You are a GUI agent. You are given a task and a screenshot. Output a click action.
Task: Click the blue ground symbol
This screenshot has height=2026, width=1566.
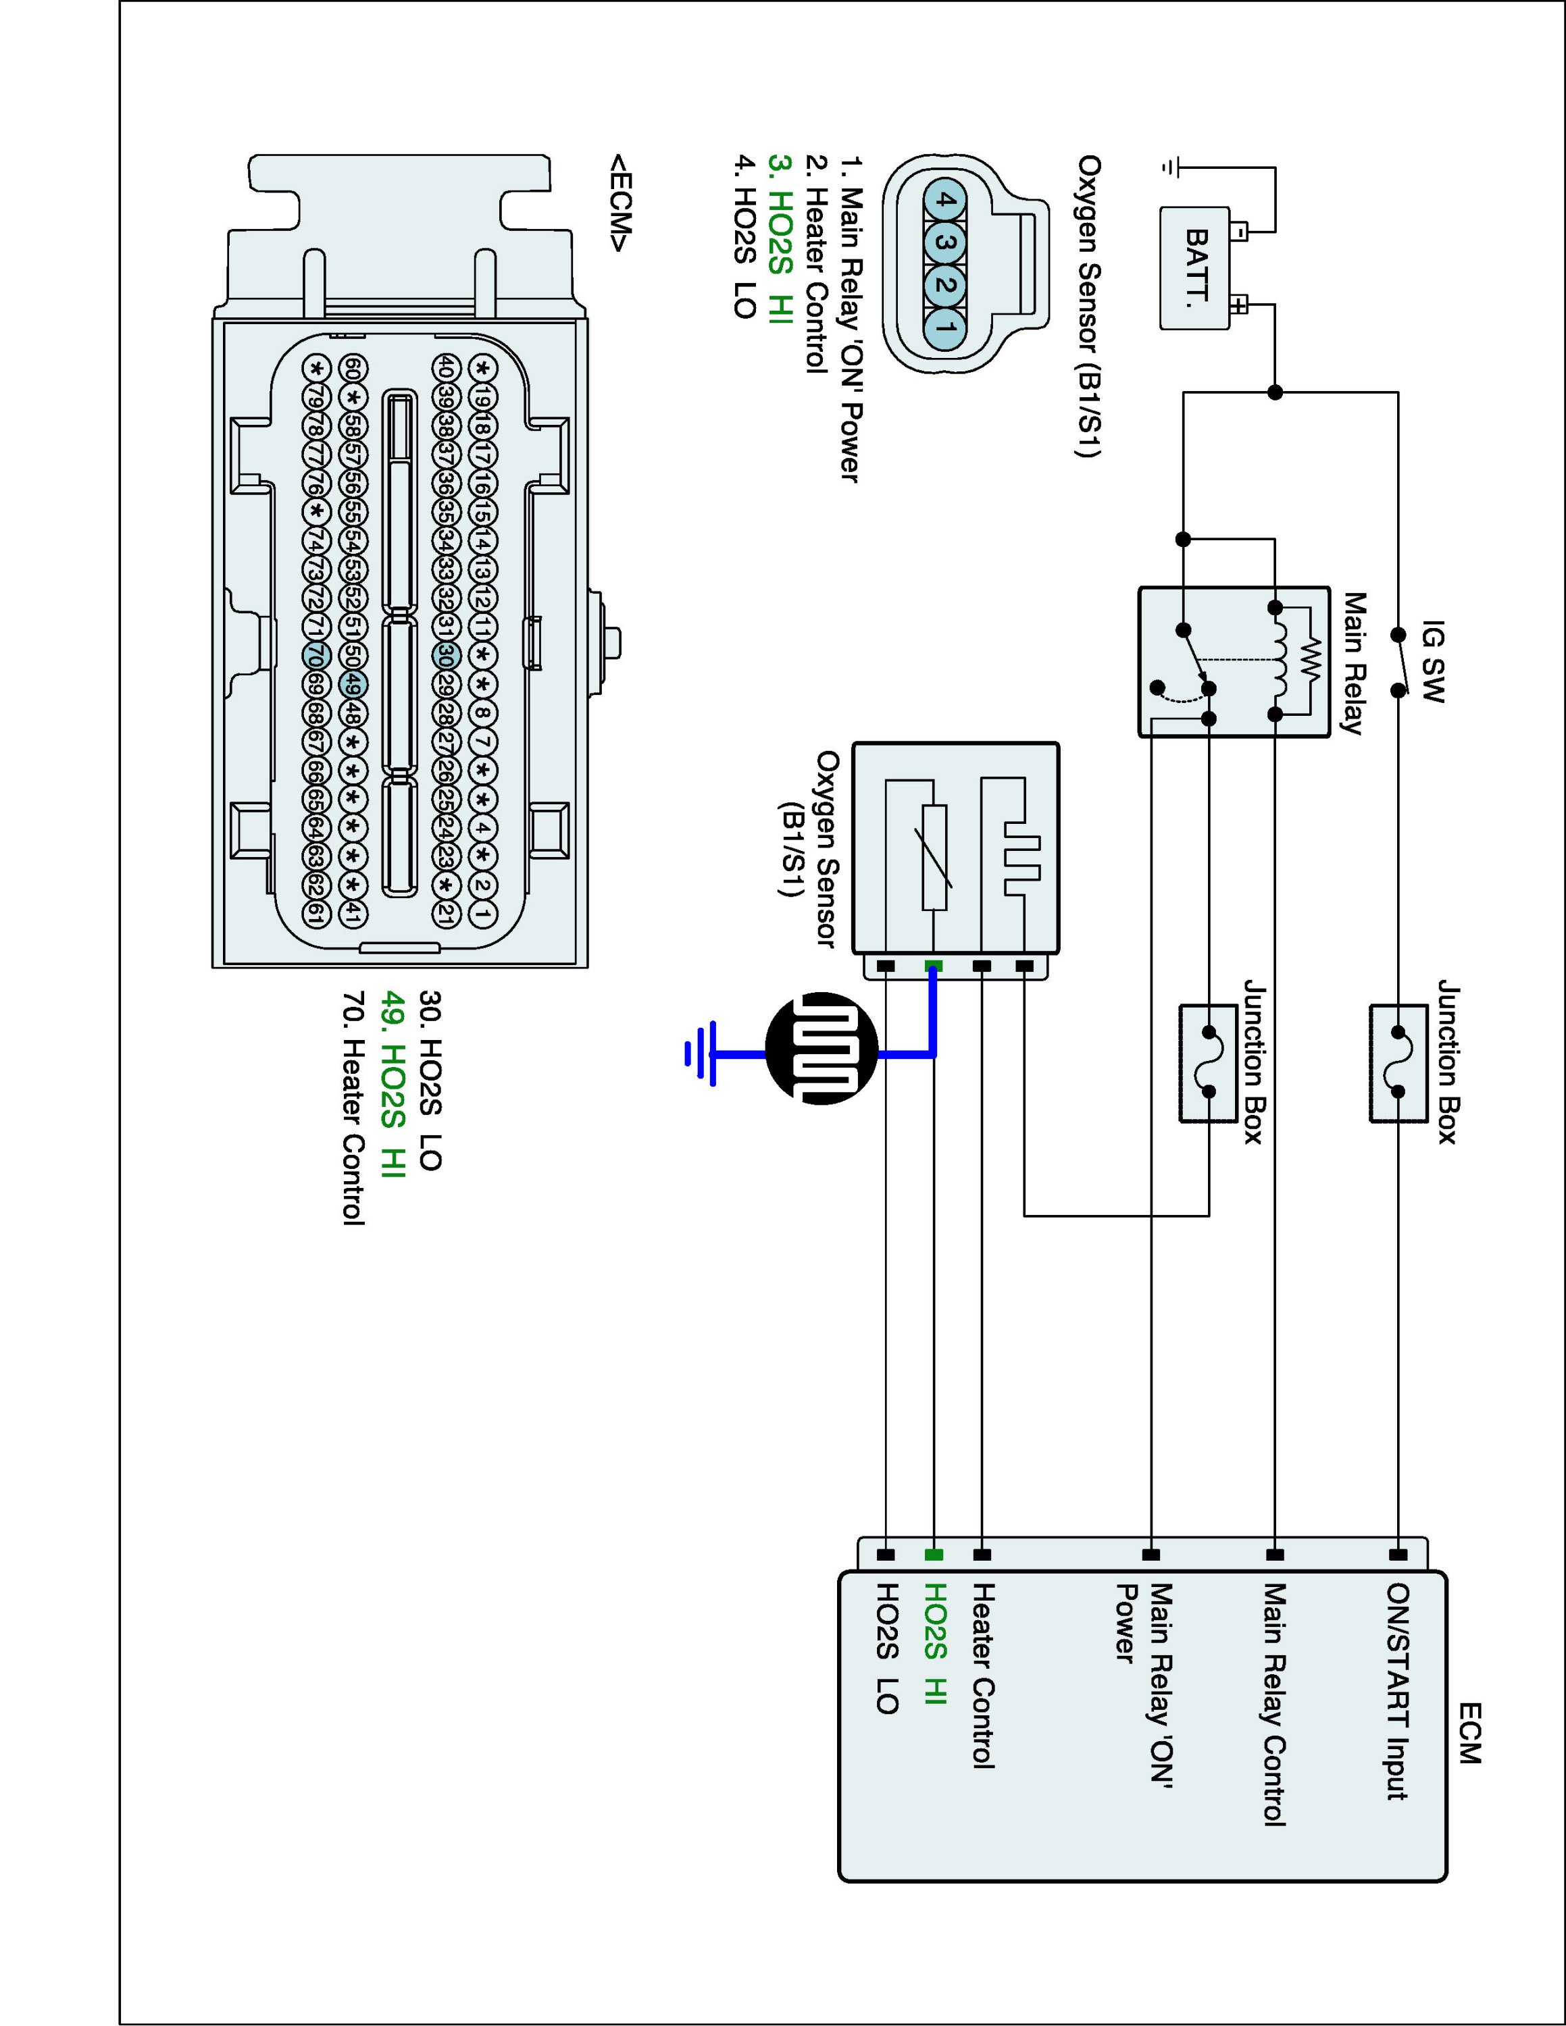[x=701, y=1054]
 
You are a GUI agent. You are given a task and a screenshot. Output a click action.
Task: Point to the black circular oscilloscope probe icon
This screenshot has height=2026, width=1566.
[x=821, y=1048]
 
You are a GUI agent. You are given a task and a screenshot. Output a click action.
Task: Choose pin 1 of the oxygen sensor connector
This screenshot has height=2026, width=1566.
[x=944, y=327]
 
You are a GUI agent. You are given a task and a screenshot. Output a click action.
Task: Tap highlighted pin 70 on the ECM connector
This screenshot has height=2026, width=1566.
[x=316, y=656]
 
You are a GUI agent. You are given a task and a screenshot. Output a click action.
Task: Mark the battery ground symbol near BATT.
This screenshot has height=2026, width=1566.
[x=1171, y=167]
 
